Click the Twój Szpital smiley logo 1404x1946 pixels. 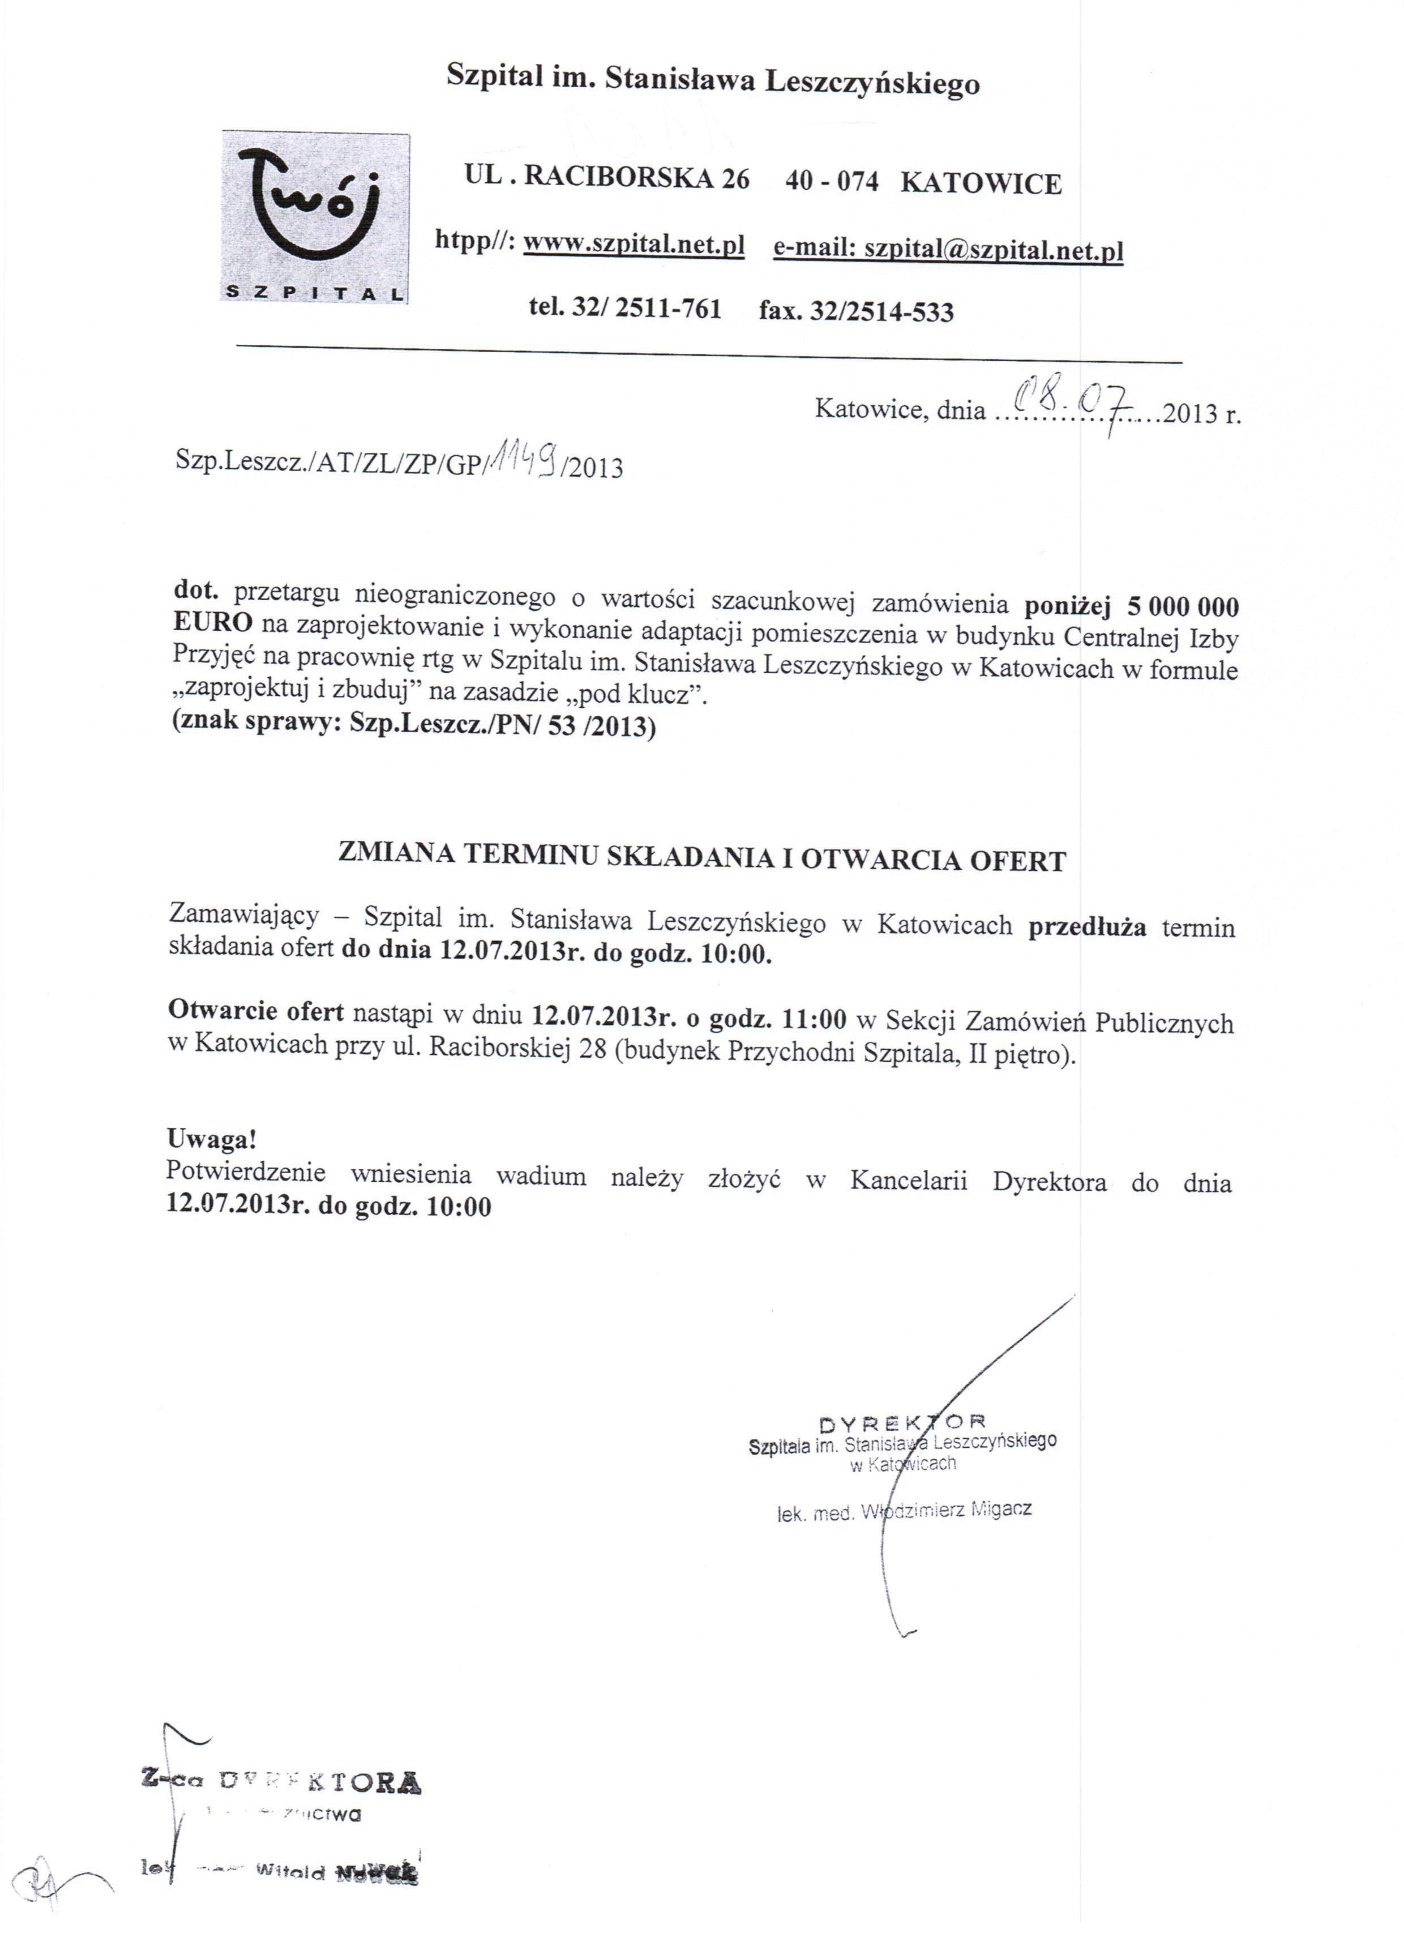click(314, 216)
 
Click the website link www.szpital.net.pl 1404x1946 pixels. click(633, 245)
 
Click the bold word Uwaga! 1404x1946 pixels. click(211, 1139)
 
